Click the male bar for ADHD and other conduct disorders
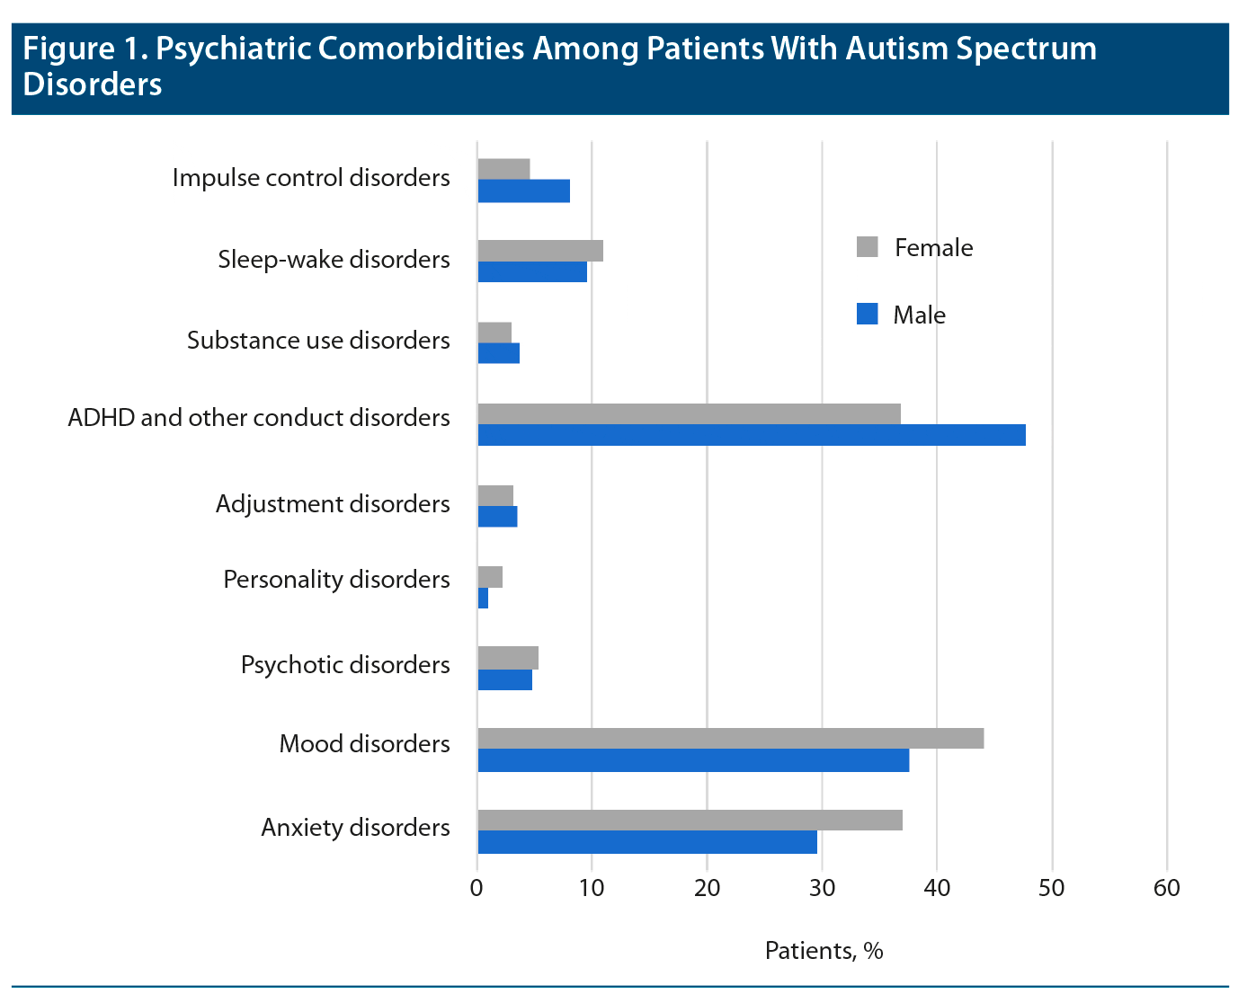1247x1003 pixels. coord(751,435)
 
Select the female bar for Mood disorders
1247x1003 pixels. coord(730,739)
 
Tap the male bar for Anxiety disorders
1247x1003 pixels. coord(647,842)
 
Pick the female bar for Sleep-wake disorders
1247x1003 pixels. coord(540,251)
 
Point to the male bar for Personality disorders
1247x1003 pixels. coord(483,598)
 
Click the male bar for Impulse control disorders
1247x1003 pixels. coord(523,191)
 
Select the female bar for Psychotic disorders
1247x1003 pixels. coord(508,658)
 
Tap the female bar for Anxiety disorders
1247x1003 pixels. coord(690,820)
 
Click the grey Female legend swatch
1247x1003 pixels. coord(867,247)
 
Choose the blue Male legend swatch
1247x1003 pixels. coord(867,315)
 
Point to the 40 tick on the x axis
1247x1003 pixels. coord(937,888)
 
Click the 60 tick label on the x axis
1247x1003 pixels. coord(1167,888)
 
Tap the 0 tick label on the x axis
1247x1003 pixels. coord(477,888)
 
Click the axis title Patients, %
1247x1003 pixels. coord(824,950)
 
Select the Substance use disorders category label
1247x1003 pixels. coord(318,341)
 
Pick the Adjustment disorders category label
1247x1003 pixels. coord(333,503)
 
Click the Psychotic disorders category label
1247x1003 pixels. coord(345,665)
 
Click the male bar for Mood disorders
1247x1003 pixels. coord(693,760)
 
